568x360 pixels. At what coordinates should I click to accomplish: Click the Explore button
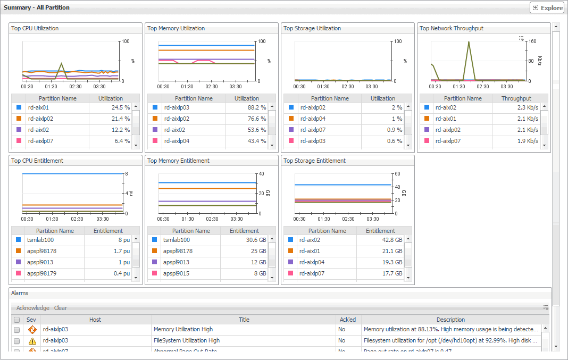547,8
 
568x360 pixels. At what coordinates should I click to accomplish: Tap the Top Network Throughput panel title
452,28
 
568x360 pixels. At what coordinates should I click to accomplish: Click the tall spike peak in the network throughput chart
469,42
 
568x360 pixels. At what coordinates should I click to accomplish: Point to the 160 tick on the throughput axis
532,41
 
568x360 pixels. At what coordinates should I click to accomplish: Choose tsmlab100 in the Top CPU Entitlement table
38,240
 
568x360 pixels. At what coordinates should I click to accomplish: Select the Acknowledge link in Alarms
33,308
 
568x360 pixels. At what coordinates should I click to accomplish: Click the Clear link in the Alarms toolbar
61,308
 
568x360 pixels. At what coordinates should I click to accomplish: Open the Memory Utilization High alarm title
183,330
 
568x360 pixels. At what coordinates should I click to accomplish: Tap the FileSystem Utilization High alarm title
187,340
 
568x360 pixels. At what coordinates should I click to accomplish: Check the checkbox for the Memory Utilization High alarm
16,330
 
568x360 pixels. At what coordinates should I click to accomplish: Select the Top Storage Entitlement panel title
314,161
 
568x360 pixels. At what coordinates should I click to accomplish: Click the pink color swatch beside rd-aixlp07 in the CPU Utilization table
19,141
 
